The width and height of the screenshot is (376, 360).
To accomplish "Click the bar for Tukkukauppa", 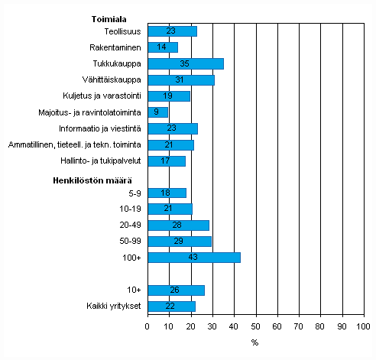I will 185,63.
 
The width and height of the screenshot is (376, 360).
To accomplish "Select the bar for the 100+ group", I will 193,258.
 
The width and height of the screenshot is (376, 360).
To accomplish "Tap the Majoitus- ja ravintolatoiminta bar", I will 157,112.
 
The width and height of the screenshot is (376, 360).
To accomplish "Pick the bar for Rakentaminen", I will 162,47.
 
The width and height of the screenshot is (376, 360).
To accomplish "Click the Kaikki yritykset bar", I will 171,306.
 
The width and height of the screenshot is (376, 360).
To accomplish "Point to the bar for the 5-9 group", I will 167,193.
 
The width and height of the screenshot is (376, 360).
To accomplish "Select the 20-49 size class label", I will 130,225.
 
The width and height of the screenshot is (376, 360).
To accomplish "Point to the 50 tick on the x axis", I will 256,326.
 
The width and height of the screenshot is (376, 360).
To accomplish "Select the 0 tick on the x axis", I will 147,326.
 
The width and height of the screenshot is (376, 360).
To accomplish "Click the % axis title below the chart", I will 255,342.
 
